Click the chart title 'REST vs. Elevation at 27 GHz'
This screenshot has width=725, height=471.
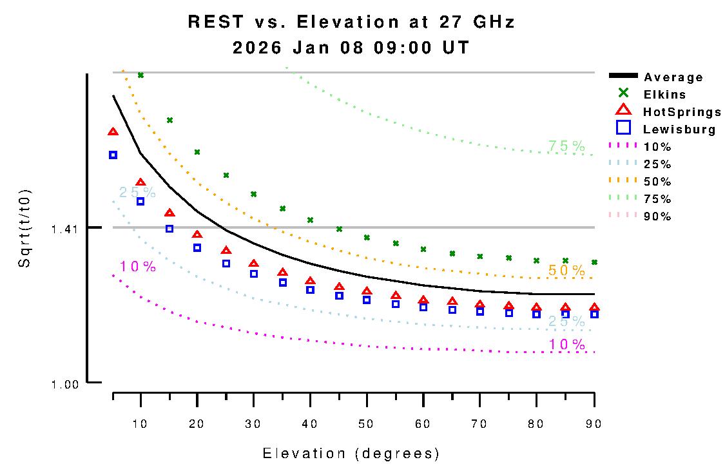(x=351, y=22)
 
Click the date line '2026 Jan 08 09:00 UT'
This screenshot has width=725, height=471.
(x=351, y=48)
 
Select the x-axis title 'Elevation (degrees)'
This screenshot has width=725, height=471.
(x=351, y=454)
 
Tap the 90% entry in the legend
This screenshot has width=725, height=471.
(x=657, y=216)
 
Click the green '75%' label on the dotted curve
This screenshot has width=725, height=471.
(x=566, y=146)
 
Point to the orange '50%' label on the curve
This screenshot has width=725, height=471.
(x=566, y=271)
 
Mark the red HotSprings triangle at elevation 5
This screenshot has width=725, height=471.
(x=113, y=132)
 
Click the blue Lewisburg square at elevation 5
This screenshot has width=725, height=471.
(x=113, y=155)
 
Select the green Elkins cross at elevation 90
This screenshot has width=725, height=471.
(x=594, y=262)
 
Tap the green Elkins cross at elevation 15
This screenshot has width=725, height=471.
(x=169, y=120)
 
